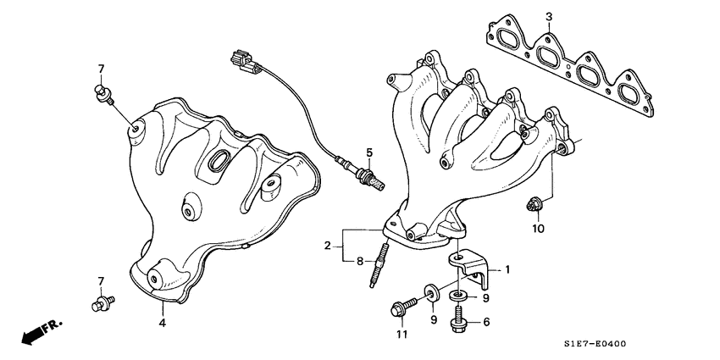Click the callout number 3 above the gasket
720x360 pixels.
(548, 17)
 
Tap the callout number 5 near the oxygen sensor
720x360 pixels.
(369, 152)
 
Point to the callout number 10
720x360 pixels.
(538, 229)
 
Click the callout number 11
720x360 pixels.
(402, 335)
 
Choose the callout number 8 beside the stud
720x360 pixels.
(359, 261)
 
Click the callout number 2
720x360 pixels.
(326, 246)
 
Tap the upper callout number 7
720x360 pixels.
(100, 68)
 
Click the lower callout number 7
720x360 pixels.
(100, 280)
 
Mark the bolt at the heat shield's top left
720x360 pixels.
(102, 93)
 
